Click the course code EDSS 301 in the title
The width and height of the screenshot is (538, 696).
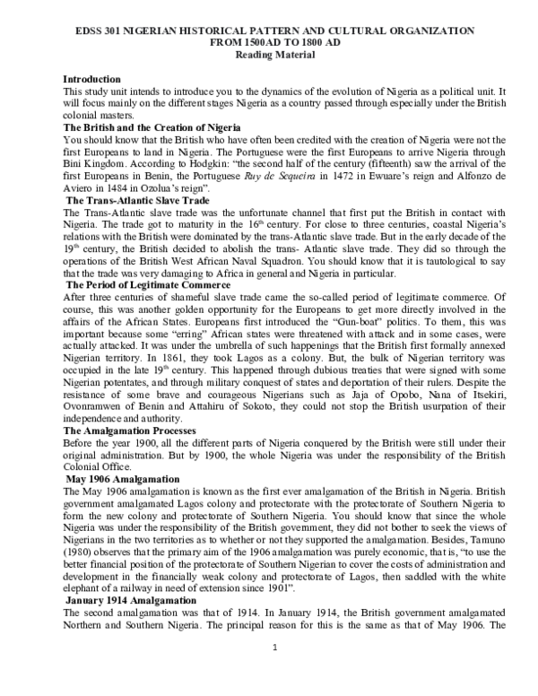point(97,30)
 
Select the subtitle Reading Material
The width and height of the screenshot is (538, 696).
point(269,54)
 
